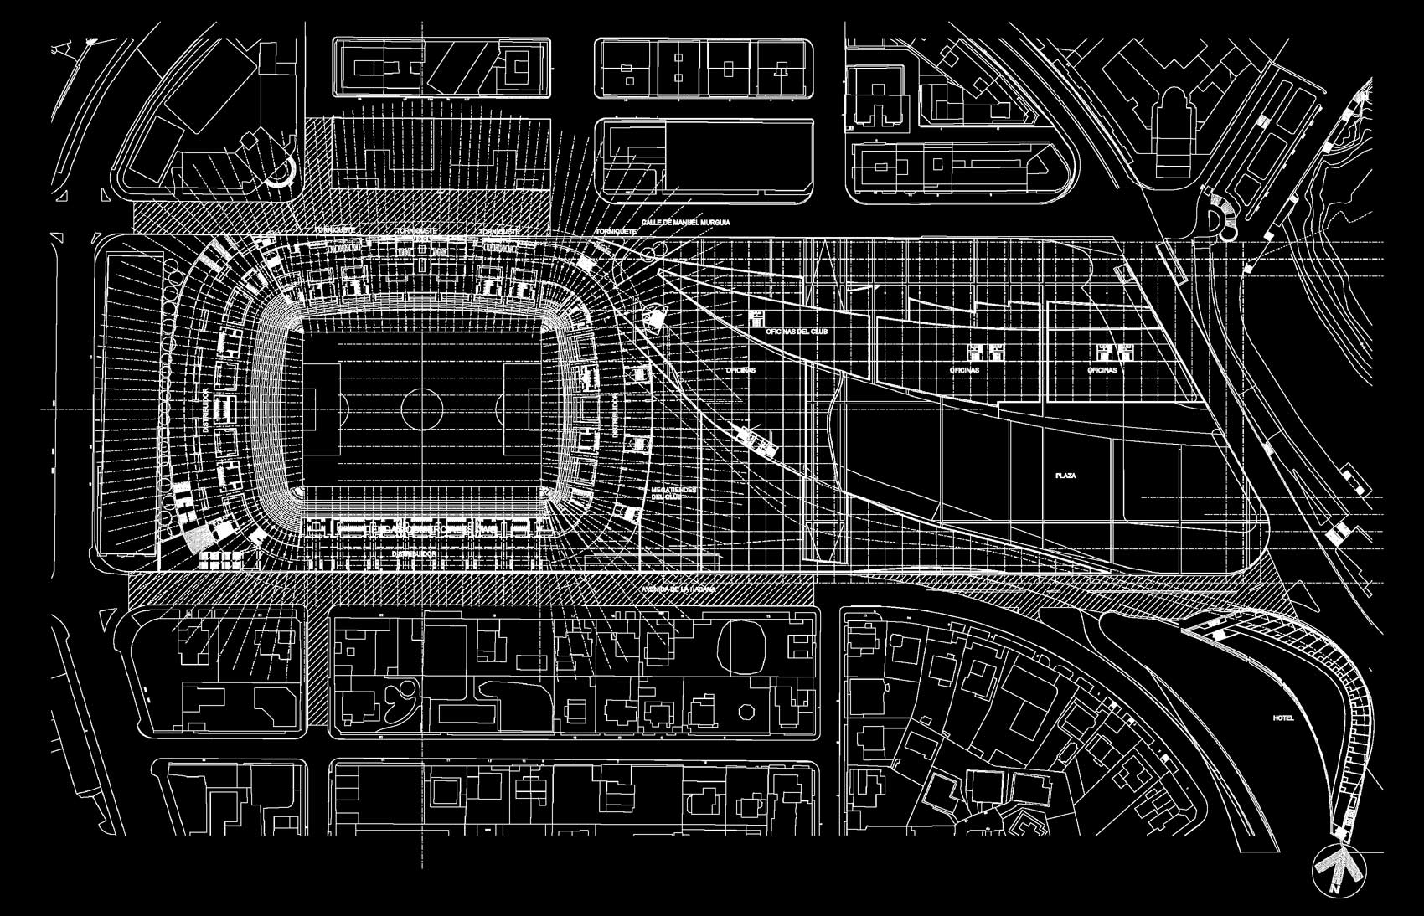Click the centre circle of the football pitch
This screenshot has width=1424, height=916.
pyautogui.click(x=421, y=408)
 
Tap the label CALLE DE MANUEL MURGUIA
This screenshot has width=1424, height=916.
pyautogui.click(x=686, y=224)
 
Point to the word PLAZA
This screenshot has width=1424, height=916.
pyautogui.click(x=1065, y=476)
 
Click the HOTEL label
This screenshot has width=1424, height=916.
pyautogui.click(x=1282, y=718)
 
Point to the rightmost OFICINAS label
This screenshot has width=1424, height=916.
pyautogui.click(x=1102, y=370)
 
